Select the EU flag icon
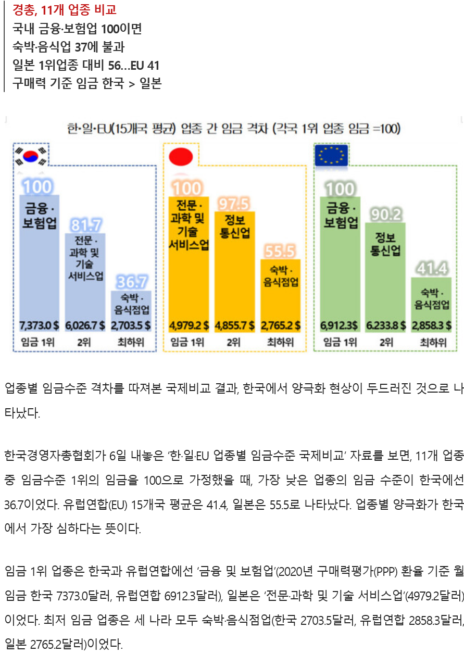tap(332, 155)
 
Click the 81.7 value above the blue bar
tap(86, 225)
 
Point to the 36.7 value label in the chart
tap(131, 282)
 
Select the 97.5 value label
tap(234, 203)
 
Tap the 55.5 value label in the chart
tap(280, 251)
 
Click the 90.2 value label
tap(385, 214)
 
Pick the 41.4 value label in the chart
tap(431, 269)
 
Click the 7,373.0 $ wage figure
tap(39, 326)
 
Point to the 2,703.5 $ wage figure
tap(131, 326)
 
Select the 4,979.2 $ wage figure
tap(189, 326)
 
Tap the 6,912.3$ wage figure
tap(340, 326)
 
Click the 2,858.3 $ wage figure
tap(431, 326)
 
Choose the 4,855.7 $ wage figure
tap(234, 326)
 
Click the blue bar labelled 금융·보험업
tap(39, 260)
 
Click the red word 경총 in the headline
tap(24, 10)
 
